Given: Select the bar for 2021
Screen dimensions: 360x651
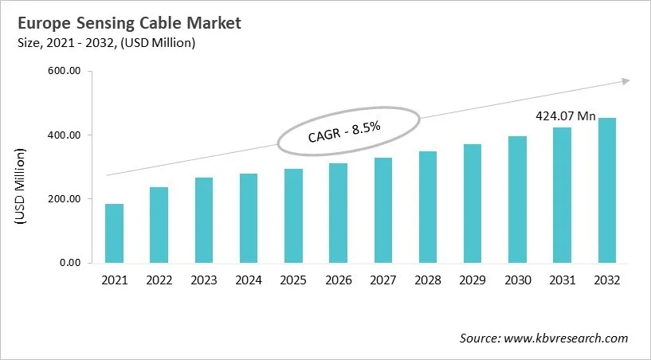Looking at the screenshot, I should pos(114,233).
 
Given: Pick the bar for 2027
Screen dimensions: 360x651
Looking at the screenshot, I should pos(383,210).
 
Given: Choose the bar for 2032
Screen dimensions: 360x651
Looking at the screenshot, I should pos(607,190).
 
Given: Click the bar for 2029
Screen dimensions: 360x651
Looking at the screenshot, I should pos(473,203).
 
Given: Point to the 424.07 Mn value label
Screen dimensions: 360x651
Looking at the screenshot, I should pos(564,116).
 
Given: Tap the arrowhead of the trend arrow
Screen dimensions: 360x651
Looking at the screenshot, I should pos(626,80).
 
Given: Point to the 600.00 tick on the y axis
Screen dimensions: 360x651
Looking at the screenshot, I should pos(65,72).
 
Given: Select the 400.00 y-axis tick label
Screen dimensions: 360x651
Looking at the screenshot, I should pos(65,135).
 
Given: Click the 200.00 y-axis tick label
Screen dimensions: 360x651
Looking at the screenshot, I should pos(65,199).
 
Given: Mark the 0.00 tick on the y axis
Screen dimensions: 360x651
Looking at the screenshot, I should pos(70,263).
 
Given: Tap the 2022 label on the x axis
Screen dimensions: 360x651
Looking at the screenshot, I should pos(159,280).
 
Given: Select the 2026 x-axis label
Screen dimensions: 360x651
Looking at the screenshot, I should pos(338,280).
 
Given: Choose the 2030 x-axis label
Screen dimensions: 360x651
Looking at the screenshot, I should pos(517,280).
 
